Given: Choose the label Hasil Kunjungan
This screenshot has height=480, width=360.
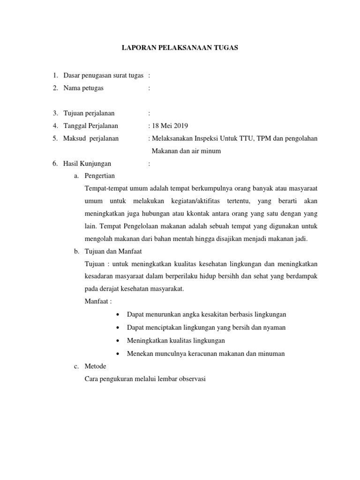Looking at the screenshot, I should [88, 164].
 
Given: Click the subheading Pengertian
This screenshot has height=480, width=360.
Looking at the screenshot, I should [99, 176].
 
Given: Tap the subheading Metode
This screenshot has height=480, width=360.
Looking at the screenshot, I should [95, 366].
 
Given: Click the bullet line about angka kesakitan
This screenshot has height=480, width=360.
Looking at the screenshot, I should [206, 315].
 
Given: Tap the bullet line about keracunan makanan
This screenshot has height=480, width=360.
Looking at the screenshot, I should [206, 353].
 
